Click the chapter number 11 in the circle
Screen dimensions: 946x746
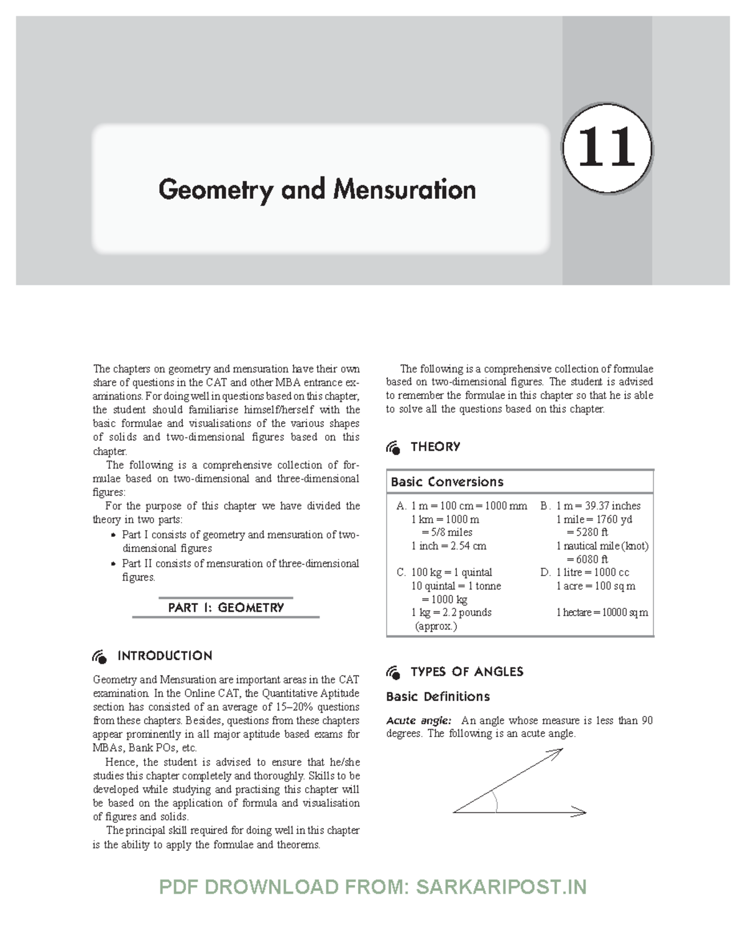pyautogui.click(x=607, y=149)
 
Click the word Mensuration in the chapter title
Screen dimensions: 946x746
pyautogui.click(x=405, y=190)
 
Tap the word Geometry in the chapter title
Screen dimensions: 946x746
pyautogui.click(x=216, y=190)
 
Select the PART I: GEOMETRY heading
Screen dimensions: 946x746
pyautogui.click(x=226, y=607)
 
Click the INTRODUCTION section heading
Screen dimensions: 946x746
pyautogui.click(x=164, y=656)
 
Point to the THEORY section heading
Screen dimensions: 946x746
pyautogui.click(x=435, y=447)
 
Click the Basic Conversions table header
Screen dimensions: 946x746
pyautogui.click(x=447, y=482)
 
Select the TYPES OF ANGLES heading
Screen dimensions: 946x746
pyautogui.click(x=467, y=671)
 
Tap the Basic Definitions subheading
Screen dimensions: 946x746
pyautogui.click(x=438, y=696)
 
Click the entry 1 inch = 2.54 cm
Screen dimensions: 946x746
pyautogui.click(x=448, y=546)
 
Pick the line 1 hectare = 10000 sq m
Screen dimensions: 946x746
pyautogui.click(x=602, y=612)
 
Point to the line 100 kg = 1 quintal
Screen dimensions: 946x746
pyautogui.click(x=451, y=572)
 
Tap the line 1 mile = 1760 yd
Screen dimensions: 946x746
pyautogui.click(x=594, y=519)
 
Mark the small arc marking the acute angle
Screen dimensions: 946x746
pyautogui.click(x=495, y=802)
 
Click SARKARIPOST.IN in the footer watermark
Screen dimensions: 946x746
pyautogui.click(x=501, y=887)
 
